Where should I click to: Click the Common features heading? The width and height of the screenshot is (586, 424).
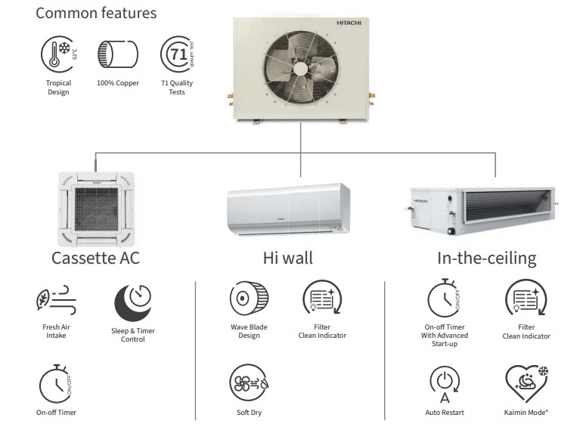pos(96,13)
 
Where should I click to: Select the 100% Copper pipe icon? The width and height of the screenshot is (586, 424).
pos(117,55)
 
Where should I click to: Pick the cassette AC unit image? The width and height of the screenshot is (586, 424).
pos(95,206)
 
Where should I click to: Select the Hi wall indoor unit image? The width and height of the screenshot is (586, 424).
pos(288,209)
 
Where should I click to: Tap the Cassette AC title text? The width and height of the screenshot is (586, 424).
pos(95,258)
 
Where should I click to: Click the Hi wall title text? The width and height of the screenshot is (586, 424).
pos(287,258)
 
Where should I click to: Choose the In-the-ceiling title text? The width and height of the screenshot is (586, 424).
pos(486,258)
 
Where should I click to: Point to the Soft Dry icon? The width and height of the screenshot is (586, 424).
pos(249,384)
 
